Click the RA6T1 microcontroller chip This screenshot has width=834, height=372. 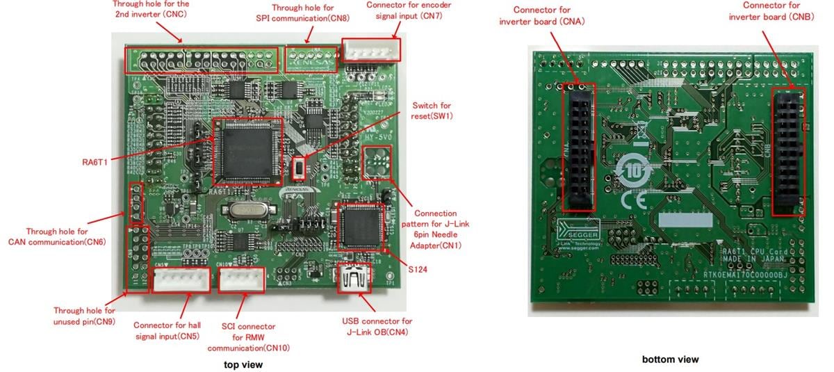click(x=247, y=152)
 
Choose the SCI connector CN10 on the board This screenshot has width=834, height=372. click(x=242, y=280)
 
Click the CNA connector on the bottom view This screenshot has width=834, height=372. click(x=578, y=148)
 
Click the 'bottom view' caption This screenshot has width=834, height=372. click(x=670, y=359)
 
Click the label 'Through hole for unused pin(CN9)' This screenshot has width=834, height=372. click(x=85, y=316)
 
